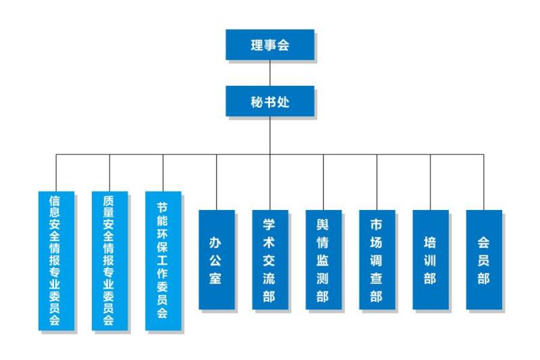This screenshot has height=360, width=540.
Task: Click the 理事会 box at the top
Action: tap(269, 45)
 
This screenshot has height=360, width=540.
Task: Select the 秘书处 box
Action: tap(269, 102)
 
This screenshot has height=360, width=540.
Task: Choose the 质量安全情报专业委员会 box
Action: tap(109, 261)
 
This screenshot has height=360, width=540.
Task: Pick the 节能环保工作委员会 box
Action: tap(163, 261)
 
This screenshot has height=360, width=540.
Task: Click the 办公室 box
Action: tap(216, 260)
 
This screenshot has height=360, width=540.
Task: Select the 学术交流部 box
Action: tap(269, 260)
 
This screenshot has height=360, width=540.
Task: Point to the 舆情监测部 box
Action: tap(323, 260)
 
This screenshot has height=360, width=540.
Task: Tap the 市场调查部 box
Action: tap(377, 260)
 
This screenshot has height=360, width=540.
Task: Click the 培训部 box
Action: tap(430, 260)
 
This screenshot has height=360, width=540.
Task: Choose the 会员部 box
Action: tap(483, 260)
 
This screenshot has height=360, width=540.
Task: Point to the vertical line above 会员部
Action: tap(483, 182)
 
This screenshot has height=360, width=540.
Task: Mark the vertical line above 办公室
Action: tap(216, 182)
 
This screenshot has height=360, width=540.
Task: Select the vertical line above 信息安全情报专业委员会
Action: tap(56, 172)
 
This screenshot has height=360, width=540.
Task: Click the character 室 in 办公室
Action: tap(216, 278)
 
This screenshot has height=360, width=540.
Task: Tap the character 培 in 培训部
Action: tap(430, 242)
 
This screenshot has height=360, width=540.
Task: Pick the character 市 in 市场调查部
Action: tap(377, 224)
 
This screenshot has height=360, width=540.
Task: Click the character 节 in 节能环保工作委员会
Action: tap(163, 206)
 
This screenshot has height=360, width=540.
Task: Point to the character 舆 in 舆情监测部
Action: tap(323, 224)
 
